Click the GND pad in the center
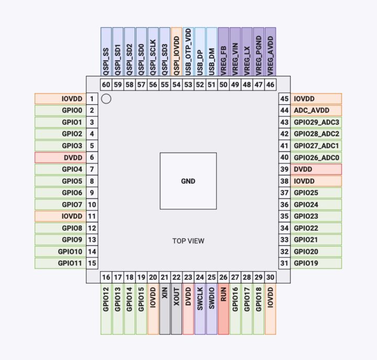click(188, 181)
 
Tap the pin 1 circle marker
click(106, 98)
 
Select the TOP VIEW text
click(188, 241)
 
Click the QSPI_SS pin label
click(106, 52)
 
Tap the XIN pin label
click(164, 309)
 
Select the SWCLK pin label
click(200, 309)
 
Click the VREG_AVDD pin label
click(270, 52)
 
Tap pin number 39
click(285, 169)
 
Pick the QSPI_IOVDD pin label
click(176, 52)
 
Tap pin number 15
click(92, 263)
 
